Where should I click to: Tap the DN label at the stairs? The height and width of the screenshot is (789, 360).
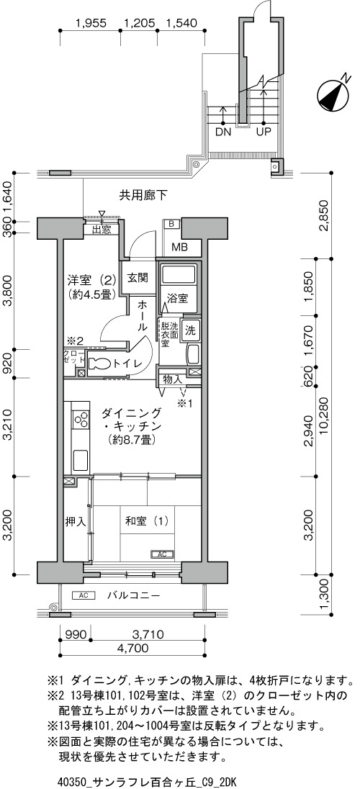223,132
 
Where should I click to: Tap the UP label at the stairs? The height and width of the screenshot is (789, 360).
264,132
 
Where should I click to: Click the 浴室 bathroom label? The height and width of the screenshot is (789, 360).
178,298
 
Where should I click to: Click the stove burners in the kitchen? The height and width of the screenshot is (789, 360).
80,419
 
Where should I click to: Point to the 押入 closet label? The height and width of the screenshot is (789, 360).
76,522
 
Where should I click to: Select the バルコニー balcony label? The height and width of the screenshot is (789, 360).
133,596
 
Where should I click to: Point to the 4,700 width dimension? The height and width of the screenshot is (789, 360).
132,648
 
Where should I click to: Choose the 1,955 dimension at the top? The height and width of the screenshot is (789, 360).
91,22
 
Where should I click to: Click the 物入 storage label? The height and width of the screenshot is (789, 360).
172,379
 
